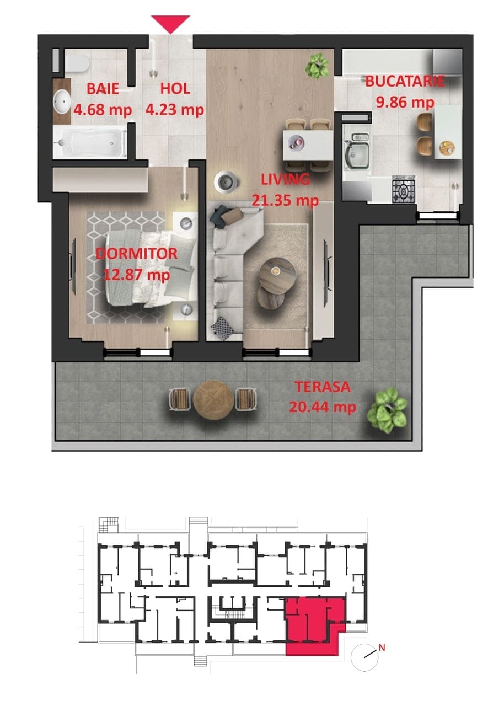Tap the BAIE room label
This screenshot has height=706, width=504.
coord(103,89)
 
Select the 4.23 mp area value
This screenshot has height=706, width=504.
coord(174,110)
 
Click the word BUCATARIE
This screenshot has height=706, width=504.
coord(405,81)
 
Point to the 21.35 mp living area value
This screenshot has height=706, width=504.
coord(285,200)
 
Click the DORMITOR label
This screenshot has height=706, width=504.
coord(136,254)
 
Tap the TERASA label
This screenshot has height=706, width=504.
coord(323,387)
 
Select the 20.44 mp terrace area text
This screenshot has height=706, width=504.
coord(323,407)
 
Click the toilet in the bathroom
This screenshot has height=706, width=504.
coord(77,63)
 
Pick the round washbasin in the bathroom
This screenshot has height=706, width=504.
coord(61,101)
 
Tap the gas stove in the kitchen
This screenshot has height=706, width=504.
coord(404,190)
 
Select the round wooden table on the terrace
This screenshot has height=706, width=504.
coord(213,400)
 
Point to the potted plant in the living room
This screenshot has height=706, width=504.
coord(317,66)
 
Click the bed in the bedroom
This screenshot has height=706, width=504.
coord(151,268)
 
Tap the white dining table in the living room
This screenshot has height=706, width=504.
coord(308,146)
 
